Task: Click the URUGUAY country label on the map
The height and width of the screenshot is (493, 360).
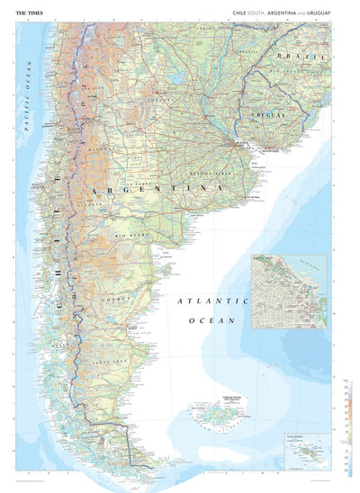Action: pos(268,116)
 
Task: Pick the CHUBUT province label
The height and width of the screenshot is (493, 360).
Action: pos(121,293)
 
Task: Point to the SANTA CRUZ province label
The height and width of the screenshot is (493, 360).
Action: pos(120,358)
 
